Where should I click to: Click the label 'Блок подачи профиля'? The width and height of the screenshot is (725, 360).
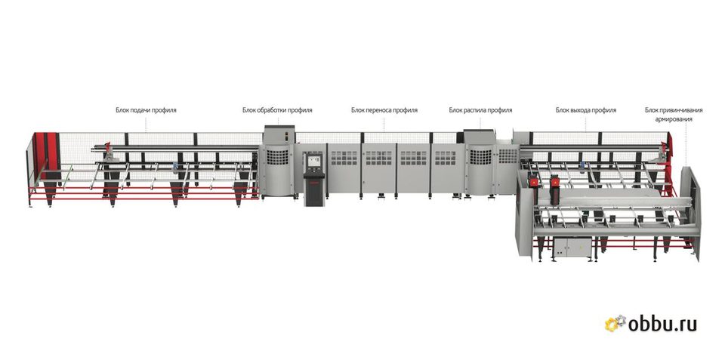(x=146, y=110)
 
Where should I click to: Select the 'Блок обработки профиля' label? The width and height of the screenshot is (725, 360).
(x=277, y=110)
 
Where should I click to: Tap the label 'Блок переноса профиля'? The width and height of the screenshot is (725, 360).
(x=384, y=110)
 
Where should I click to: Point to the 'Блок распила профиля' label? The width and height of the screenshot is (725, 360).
(x=480, y=110)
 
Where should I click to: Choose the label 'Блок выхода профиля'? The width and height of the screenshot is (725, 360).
(x=586, y=110)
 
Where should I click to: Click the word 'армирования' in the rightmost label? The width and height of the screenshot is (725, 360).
(x=674, y=119)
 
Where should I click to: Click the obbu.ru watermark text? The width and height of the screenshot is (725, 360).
(x=662, y=324)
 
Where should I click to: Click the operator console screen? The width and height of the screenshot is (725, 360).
(x=314, y=162)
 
